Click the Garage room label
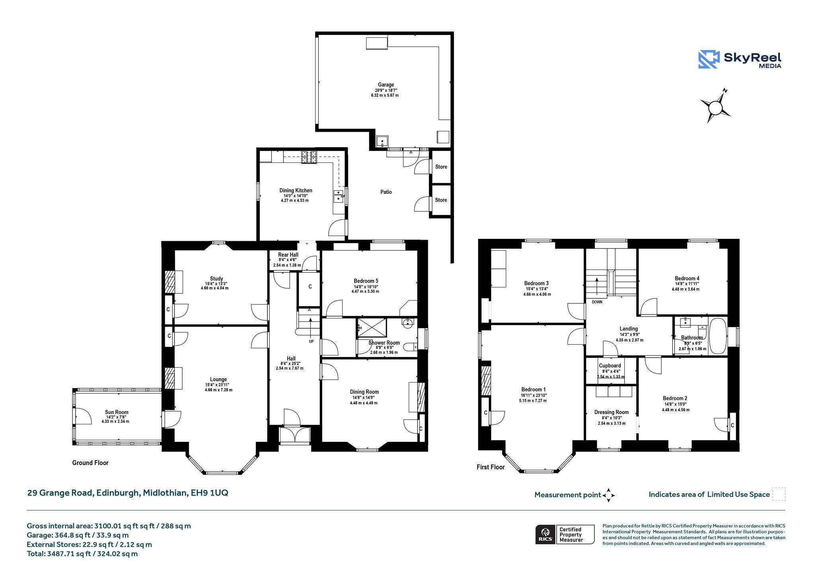[386, 85]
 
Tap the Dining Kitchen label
[296, 190]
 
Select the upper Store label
[441, 167]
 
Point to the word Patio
[386, 192]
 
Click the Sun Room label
[117, 412]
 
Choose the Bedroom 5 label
[366, 281]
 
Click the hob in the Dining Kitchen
[309, 157]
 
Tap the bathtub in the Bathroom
[718, 336]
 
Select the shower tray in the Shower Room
[372, 328]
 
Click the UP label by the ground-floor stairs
[311, 342]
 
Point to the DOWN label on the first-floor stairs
[597, 302]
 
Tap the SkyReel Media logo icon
[709, 59]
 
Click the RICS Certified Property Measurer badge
[565, 534]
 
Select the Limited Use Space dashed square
[779, 494]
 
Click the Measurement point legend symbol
[608, 495]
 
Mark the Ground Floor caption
[90, 463]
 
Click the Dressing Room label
[611, 412]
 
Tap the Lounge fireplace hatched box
[170, 378]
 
